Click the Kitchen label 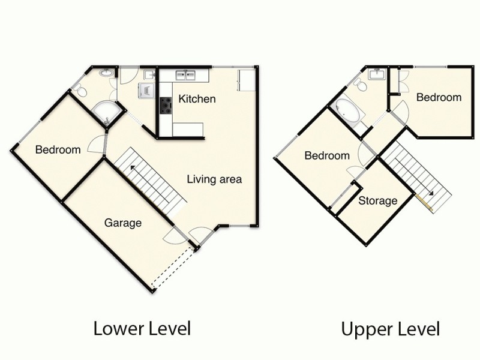(197, 99)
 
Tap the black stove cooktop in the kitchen (166, 106)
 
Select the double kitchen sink (185, 75)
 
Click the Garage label (123, 223)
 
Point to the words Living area (214, 179)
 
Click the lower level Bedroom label (58, 150)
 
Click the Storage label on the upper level (378, 200)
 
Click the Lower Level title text (142, 328)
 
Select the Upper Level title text (391, 329)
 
